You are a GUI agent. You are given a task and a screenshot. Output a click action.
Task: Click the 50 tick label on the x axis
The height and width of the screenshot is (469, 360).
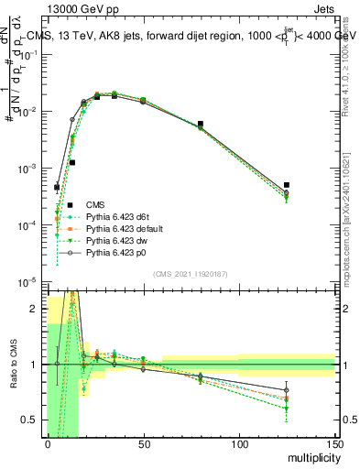(144, 444)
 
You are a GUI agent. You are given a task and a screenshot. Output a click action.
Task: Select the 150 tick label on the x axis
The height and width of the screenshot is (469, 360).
(335, 444)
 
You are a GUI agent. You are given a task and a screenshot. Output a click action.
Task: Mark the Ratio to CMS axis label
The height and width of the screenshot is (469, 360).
(12, 365)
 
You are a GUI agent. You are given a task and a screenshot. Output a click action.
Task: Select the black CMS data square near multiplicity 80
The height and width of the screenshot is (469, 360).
(201, 124)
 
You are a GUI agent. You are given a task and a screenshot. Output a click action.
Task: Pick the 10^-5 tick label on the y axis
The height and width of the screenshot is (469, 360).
(28, 281)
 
